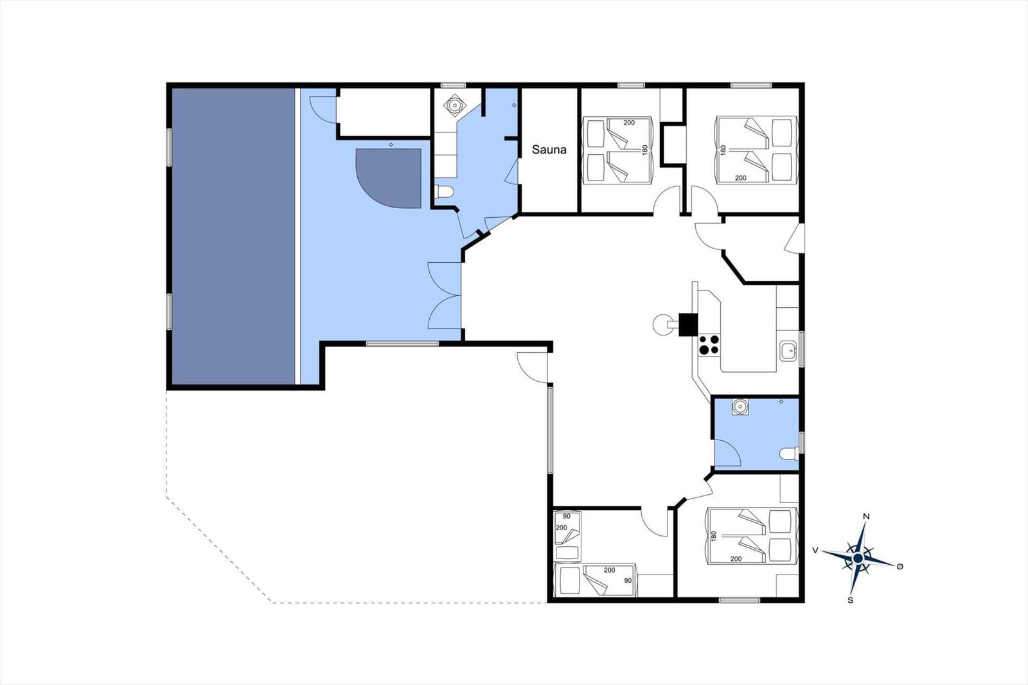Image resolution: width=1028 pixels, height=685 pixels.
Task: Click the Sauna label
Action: (549, 150)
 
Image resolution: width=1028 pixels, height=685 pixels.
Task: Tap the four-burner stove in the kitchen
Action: (709, 345)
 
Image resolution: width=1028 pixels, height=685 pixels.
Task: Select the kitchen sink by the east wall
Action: (788, 351)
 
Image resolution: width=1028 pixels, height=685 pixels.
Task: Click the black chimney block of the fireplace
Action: (688, 324)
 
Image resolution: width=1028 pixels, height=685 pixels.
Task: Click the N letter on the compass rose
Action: (867, 517)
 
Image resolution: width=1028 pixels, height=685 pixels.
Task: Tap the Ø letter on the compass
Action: (900, 567)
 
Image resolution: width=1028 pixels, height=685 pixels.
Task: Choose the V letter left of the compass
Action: (815, 550)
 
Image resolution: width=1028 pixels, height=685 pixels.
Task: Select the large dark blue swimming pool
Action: (233, 236)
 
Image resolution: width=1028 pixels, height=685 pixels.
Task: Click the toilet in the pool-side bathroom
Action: (443, 191)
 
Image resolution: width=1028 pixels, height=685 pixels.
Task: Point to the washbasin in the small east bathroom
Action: (740, 407)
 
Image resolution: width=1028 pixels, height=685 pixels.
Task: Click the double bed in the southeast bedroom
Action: (751, 536)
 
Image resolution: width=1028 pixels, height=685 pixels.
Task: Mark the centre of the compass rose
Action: (858, 558)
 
